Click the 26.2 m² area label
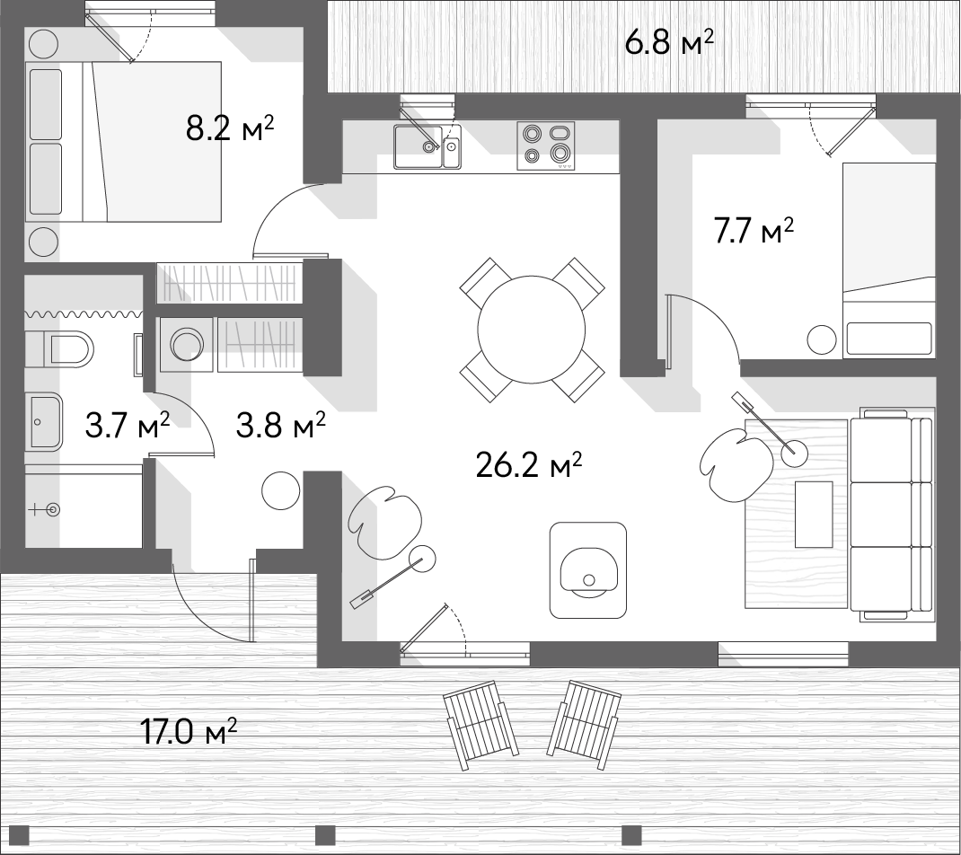(529, 466)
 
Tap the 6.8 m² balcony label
(668, 43)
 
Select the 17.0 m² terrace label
(188, 731)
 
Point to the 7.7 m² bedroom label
(754, 231)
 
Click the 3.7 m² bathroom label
(128, 426)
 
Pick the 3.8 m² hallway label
(281, 425)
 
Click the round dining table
(532, 329)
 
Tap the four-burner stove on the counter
(546, 145)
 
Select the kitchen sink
(427, 145)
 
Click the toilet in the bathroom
(59, 349)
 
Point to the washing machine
(186, 345)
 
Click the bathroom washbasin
(44, 422)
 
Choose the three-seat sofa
(892, 514)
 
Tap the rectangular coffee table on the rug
(814, 515)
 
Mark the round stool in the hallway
(281, 490)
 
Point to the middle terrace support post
(325, 834)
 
